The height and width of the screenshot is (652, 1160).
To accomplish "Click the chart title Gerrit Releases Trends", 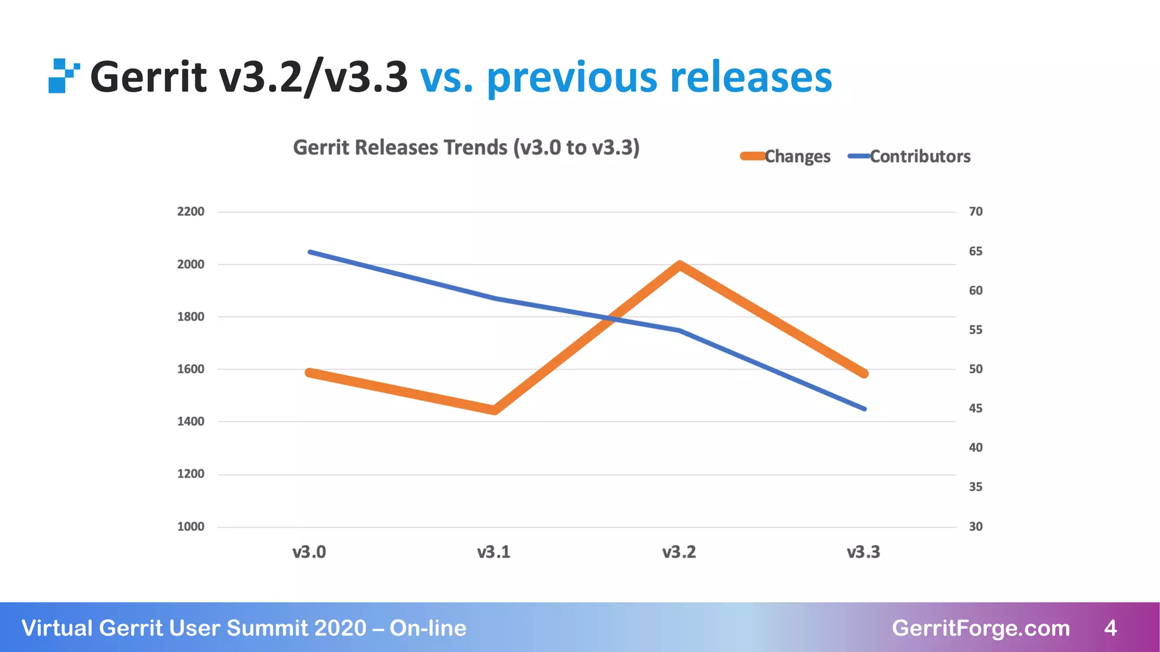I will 466,148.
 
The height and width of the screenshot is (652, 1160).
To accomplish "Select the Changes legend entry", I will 785,156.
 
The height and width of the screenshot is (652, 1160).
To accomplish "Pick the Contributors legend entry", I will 909,156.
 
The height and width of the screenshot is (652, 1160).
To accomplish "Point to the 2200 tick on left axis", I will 190,212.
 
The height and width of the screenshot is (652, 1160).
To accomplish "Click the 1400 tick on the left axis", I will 190,422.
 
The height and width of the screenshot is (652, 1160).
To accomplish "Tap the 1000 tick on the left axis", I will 190,527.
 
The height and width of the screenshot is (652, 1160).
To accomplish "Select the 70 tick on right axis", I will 975,212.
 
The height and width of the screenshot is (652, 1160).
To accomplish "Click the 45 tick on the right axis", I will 975,409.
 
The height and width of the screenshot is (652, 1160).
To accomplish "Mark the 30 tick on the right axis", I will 975,527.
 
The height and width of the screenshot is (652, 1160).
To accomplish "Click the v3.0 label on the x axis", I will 309,552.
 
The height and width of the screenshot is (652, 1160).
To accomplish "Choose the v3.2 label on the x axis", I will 679,552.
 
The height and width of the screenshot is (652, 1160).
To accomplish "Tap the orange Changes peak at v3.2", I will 680,265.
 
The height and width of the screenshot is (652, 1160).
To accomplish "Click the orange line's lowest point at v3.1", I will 494,410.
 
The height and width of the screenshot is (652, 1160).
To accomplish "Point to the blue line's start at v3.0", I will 310,252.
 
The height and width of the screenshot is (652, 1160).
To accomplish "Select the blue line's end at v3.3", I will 864,408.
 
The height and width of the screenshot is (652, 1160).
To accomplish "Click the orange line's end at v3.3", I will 864,373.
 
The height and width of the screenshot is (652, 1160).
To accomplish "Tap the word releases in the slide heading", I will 750,78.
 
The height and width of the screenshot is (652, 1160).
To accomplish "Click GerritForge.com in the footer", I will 980,628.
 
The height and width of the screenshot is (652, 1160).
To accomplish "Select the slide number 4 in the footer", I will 1110,628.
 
